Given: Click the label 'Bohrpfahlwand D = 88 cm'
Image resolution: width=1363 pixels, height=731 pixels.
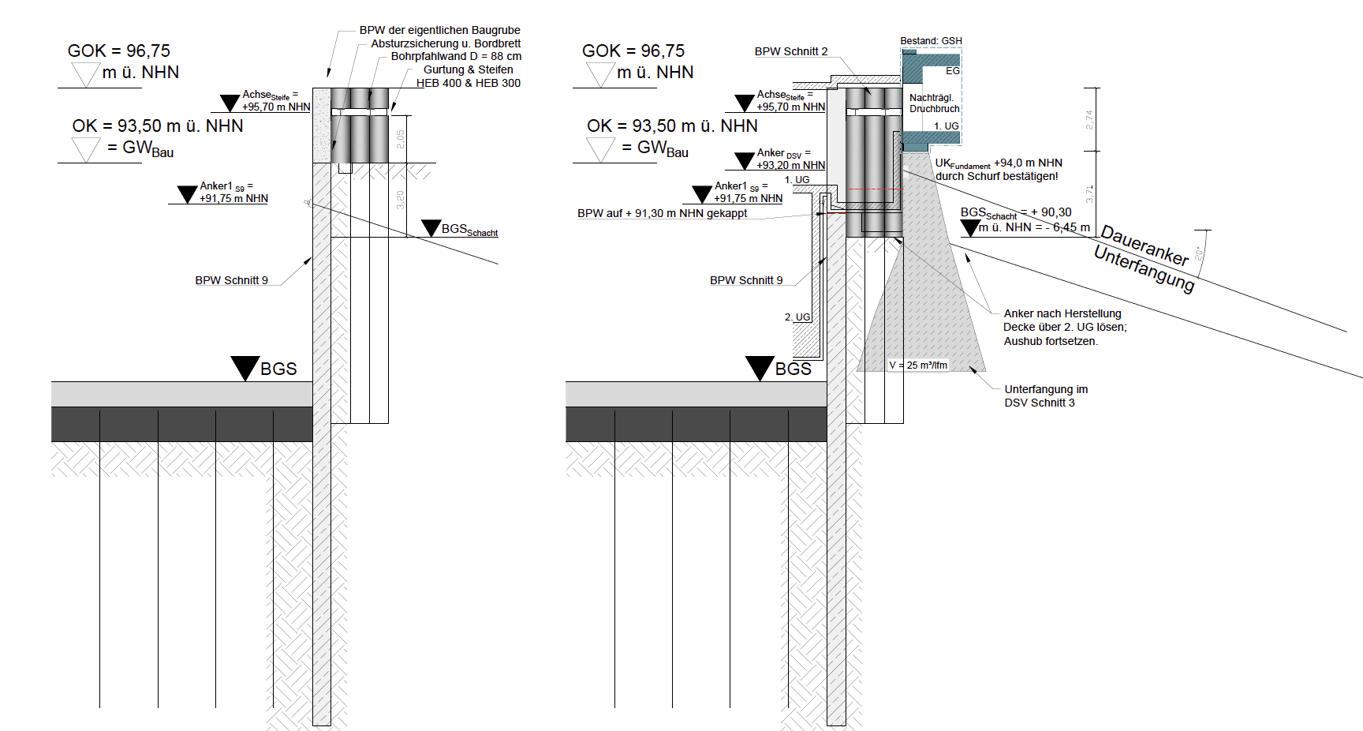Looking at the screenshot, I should (x=456, y=57).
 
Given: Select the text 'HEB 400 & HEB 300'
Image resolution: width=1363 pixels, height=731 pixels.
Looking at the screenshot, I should (x=469, y=83).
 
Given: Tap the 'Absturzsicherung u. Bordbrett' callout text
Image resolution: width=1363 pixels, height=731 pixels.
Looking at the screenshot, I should (x=446, y=43).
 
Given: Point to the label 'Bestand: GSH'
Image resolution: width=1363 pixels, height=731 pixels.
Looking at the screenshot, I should (x=931, y=41).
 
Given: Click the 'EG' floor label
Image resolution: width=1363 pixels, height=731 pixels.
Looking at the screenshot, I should (x=953, y=71).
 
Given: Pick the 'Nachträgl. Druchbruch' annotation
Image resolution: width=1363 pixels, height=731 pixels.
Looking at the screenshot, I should (x=934, y=103).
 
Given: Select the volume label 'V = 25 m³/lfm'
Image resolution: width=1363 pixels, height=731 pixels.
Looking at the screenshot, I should (x=918, y=365).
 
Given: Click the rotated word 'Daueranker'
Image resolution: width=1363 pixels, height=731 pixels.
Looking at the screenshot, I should (x=1145, y=245).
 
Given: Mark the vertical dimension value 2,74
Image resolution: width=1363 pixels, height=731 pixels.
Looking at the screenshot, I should (x=1089, y=119).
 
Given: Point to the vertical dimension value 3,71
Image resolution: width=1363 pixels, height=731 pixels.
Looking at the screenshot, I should (x=1089, y=193).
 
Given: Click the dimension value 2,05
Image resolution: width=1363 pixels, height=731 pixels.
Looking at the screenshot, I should (x=400, y=140).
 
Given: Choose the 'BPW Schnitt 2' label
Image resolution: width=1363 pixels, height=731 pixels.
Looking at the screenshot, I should (x=791, y=52).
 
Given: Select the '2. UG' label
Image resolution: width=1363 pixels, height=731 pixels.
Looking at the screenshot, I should (x=797, y=317).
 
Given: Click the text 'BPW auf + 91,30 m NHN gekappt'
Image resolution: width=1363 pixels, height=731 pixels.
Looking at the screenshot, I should (x=662, y=213).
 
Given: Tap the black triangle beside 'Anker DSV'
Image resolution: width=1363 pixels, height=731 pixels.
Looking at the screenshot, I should (x=744, y=160).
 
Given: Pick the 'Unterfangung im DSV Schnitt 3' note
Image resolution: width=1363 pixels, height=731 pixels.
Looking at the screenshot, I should (x=1045, y=395).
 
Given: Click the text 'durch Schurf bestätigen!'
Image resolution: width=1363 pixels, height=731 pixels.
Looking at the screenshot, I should (x=996, y=177).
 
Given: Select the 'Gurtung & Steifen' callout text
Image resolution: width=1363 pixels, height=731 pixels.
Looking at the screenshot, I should (x=468, y=69).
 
